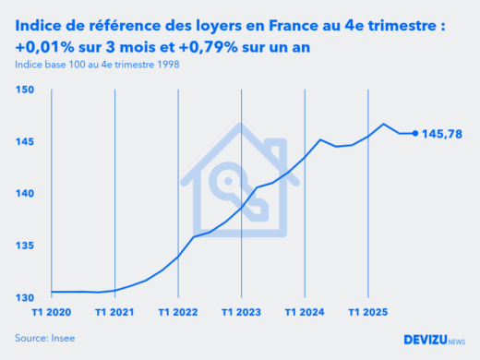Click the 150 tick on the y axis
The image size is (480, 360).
[x=25, y=90]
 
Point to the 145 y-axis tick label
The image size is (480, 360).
[x=25, y=141]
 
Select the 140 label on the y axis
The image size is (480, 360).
[x=25, y=194]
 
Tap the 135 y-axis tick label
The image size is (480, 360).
[x=25, y=246]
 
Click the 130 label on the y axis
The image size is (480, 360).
[x=25, y=297]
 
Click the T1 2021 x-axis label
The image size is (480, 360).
[x=114, y=313]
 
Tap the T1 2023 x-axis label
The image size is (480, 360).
[x=242, y=313]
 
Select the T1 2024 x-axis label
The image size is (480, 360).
[x=306, y=313]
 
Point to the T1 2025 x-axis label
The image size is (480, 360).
[x=369, y=313]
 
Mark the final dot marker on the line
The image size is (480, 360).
[x=414, y=134]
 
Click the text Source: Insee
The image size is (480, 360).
[x=45, y=339]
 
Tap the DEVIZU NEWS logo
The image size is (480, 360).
[x=434, y=339]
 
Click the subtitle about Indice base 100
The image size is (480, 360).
[x=97, y=65]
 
